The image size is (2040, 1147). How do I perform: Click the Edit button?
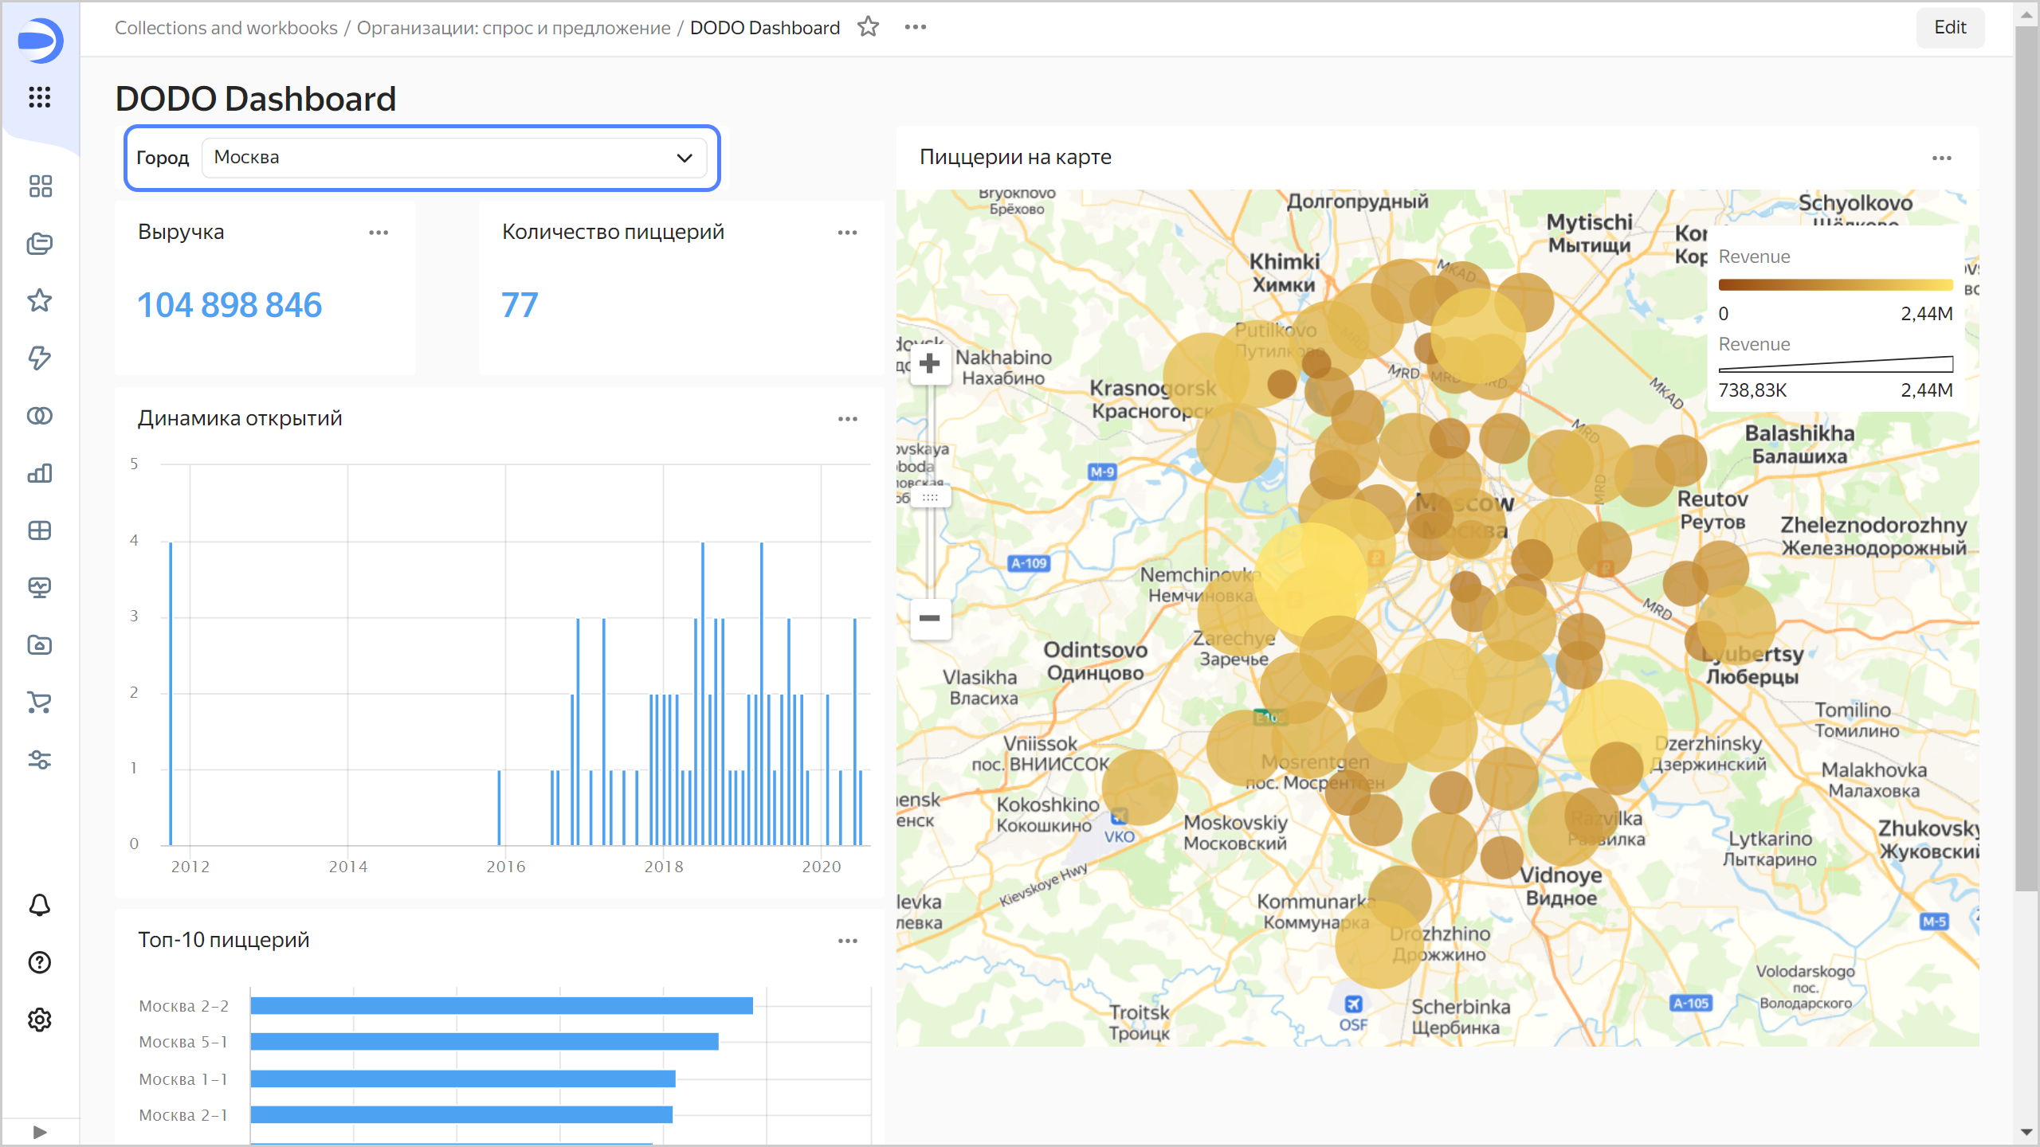click(x=1949, y=27)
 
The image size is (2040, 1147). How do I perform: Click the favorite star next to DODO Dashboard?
click(x=868, y=27)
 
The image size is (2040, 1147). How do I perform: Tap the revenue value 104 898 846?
click(x=229, y=305)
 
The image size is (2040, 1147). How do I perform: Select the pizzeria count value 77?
click(x=520, y=305)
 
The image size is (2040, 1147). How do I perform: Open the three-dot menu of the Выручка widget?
click(x=379, y=233)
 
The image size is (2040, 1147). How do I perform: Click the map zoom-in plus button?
click(x=929, y=364)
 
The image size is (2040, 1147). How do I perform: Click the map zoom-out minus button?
click(x=929, y=618)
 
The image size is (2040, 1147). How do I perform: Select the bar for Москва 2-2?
click(x=501, y=1005)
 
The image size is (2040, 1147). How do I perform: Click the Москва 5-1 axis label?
click(x=183, y=1042)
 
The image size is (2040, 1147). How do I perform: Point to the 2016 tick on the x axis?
click(x=506, y=867)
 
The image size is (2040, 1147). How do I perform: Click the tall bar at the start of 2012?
click(x=171, y=693)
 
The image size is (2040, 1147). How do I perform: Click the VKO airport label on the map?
click(x=1119, y=836)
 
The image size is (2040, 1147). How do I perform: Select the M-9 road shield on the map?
click(x=1102, y=472)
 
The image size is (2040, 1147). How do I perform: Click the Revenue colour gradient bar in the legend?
click(x=1835, y=284)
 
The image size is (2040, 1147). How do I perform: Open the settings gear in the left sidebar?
click(x=40, y=1020)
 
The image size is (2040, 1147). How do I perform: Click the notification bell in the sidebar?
click(x=40, y=905)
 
